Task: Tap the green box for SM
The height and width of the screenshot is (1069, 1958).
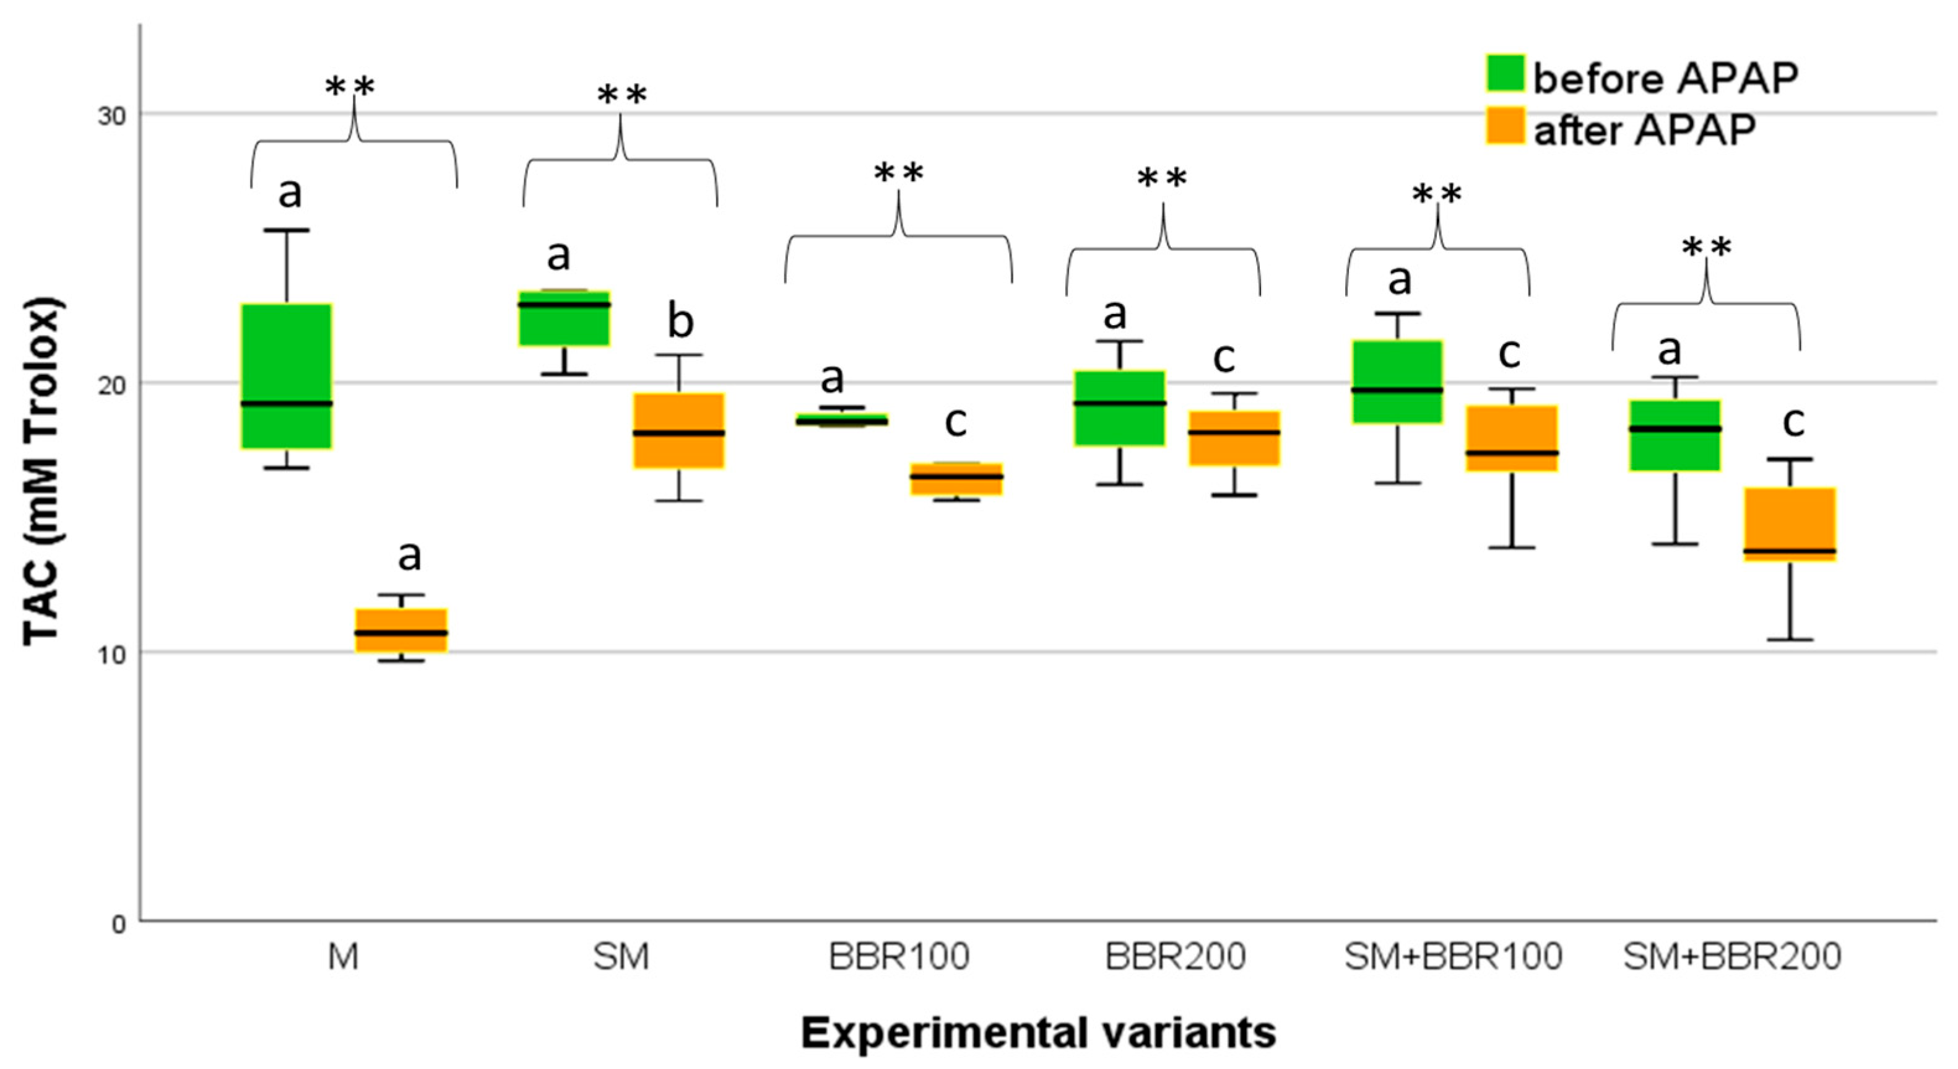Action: coord(564,318)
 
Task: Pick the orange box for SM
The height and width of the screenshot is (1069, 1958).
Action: coord(678,430)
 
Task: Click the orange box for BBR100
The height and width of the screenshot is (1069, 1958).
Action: coord(956,478)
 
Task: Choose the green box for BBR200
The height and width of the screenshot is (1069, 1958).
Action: coord(1120,408)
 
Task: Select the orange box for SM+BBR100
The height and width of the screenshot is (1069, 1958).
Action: coord(1512,438)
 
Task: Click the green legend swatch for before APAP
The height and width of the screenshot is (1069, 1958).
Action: coord(1504,74)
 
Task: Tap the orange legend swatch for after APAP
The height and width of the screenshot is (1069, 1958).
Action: coord(1504,126)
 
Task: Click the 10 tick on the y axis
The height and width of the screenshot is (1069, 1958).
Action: coord(110,654)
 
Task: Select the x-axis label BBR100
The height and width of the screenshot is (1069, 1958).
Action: coord(899,956)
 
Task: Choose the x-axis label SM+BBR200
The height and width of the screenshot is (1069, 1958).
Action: coord(1732,956)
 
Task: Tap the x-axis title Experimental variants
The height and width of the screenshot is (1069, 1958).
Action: coord(1038,1032)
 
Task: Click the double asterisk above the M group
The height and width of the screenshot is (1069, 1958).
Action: coord(350,87)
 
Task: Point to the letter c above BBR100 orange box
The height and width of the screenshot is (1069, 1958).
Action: coord(955,422)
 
